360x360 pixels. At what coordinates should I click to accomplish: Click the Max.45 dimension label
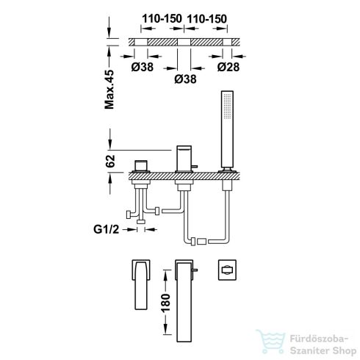pyautogui.click(x=109, y=90)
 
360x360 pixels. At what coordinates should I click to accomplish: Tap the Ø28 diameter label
pyautogui.click(x=228, y=67)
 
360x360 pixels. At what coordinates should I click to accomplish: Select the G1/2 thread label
pyautogui.click(x=106, y=229)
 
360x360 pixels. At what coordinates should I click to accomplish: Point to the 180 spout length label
pyautogui.click(x=166, y=303)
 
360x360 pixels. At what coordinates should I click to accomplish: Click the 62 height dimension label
pyautogui.click(x=110, y=161)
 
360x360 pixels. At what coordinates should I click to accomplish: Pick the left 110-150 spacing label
pyautogui.click(x=162, y=18)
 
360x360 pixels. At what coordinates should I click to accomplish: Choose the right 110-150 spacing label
pyautogui.click(x=207, y=19)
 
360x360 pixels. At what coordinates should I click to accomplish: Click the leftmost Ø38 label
pyautogui.click(x=143, y=67)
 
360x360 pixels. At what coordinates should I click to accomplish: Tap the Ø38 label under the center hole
pyautogui.click(x=185, y=79)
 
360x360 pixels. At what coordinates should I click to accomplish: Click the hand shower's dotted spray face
pyautogui.click(x=228, y=106)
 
